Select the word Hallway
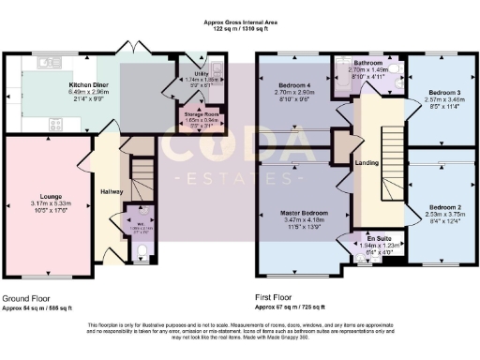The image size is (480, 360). coord(112,191)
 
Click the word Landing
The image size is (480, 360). coord(367,164)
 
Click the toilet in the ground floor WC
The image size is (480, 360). coord(142,248)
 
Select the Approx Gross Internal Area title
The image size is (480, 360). coord(240,21)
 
